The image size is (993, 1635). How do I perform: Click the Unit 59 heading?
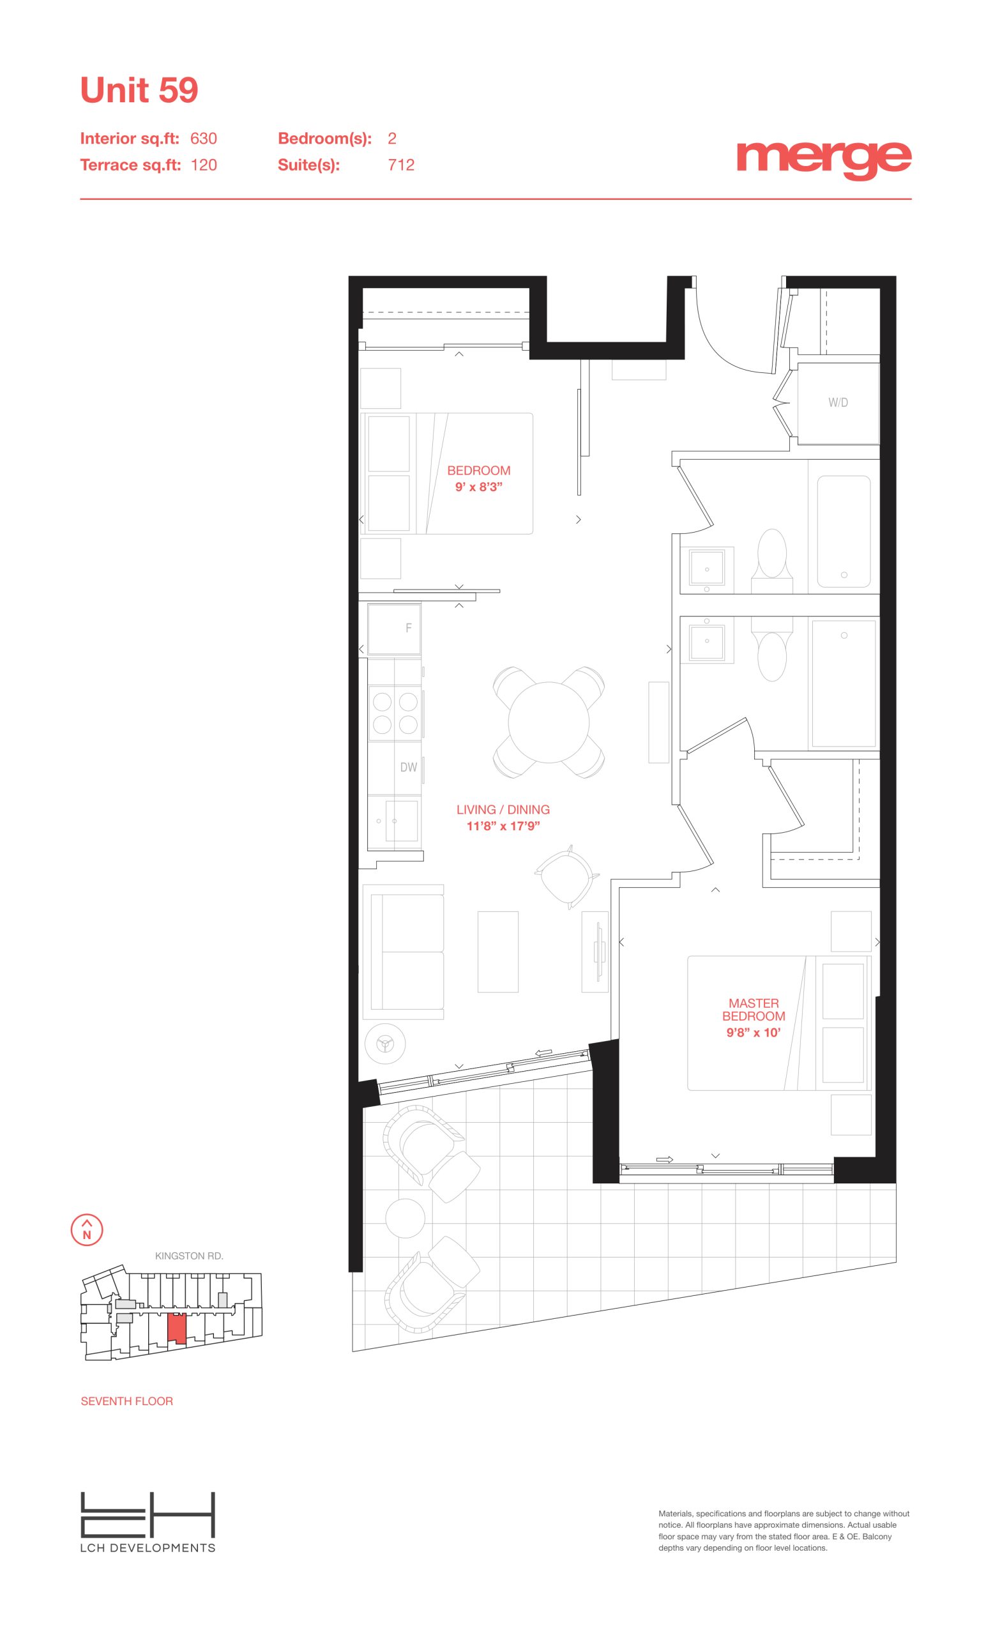click(x=139, y=90)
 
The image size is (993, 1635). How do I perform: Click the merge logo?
click(x=824, y=159)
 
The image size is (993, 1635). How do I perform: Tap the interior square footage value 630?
click(x=204, y=139)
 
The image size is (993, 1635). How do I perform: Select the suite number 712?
click(x=401, y=165)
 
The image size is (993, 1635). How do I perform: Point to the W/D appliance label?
click(x=838, y=402)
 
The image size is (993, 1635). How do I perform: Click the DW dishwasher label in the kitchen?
click(x=409, y=767)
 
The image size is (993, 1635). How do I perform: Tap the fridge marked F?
click(x=395, y=628)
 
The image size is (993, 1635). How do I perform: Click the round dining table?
click(x=549, y=722)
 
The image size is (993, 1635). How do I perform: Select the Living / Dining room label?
click(x=503, y=810)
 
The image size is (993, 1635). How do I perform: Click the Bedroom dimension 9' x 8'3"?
click(x=478, y=487)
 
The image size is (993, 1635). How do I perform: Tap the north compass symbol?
click(x=87, y=1229)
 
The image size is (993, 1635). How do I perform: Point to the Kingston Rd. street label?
click(x=189, y=1256)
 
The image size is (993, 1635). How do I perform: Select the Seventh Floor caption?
click(x=126, y=1401)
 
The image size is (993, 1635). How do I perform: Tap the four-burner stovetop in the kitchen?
click(x=395, y=713)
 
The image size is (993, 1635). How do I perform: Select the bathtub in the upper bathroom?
click(x=844, y=531)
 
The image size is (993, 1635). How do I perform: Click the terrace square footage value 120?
click(x=204, y=165)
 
